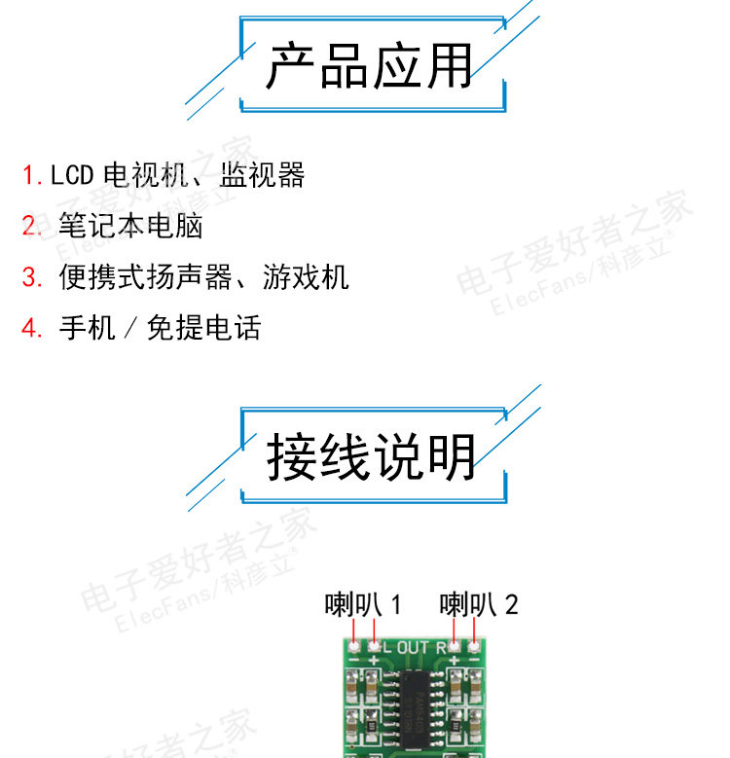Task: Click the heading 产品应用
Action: coord(370,66)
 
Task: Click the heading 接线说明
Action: coord(372,457)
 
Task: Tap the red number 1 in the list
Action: coord(30,176)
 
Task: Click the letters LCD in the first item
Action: coord(71,176)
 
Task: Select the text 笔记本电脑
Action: coord(130,227)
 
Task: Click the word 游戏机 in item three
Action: coord(306,277)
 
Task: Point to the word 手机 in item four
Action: coord(87,328)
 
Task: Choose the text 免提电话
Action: coord(203,328)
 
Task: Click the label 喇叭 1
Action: coord(362,604)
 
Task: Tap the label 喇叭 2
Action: coord(479,604)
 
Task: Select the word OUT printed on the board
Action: coord(413,648)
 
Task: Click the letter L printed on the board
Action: coord(385,648)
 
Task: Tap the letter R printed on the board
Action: coord(440,648)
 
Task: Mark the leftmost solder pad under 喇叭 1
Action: coord(352,644)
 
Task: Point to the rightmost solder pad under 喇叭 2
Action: coord(474,644)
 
